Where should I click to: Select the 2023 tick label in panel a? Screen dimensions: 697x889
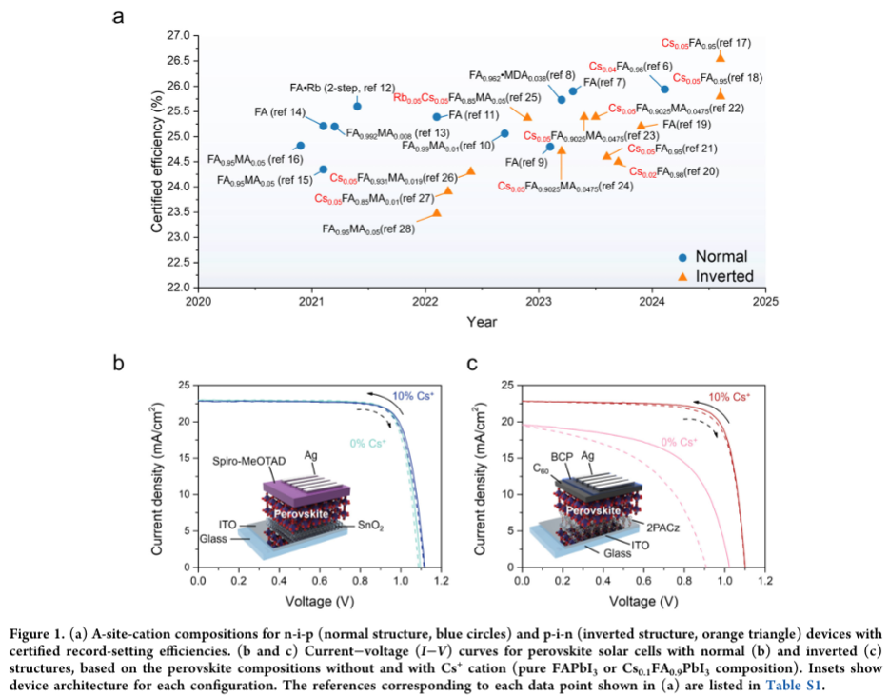point(539,303)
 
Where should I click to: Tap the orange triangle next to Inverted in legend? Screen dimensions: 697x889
point(682,276)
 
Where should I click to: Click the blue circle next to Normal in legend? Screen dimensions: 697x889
point(682,256)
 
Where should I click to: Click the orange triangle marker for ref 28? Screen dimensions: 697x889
point(437,212)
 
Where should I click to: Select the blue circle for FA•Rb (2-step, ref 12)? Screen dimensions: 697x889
point(357,106)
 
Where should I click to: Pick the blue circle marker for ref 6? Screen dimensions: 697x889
point(664,89)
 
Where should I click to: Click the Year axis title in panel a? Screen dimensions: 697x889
point(482,322)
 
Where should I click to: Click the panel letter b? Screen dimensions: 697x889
point(119,363)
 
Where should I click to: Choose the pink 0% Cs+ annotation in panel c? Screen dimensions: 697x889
point(682,441)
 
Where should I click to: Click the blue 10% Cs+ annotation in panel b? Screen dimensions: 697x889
point(411,394)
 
